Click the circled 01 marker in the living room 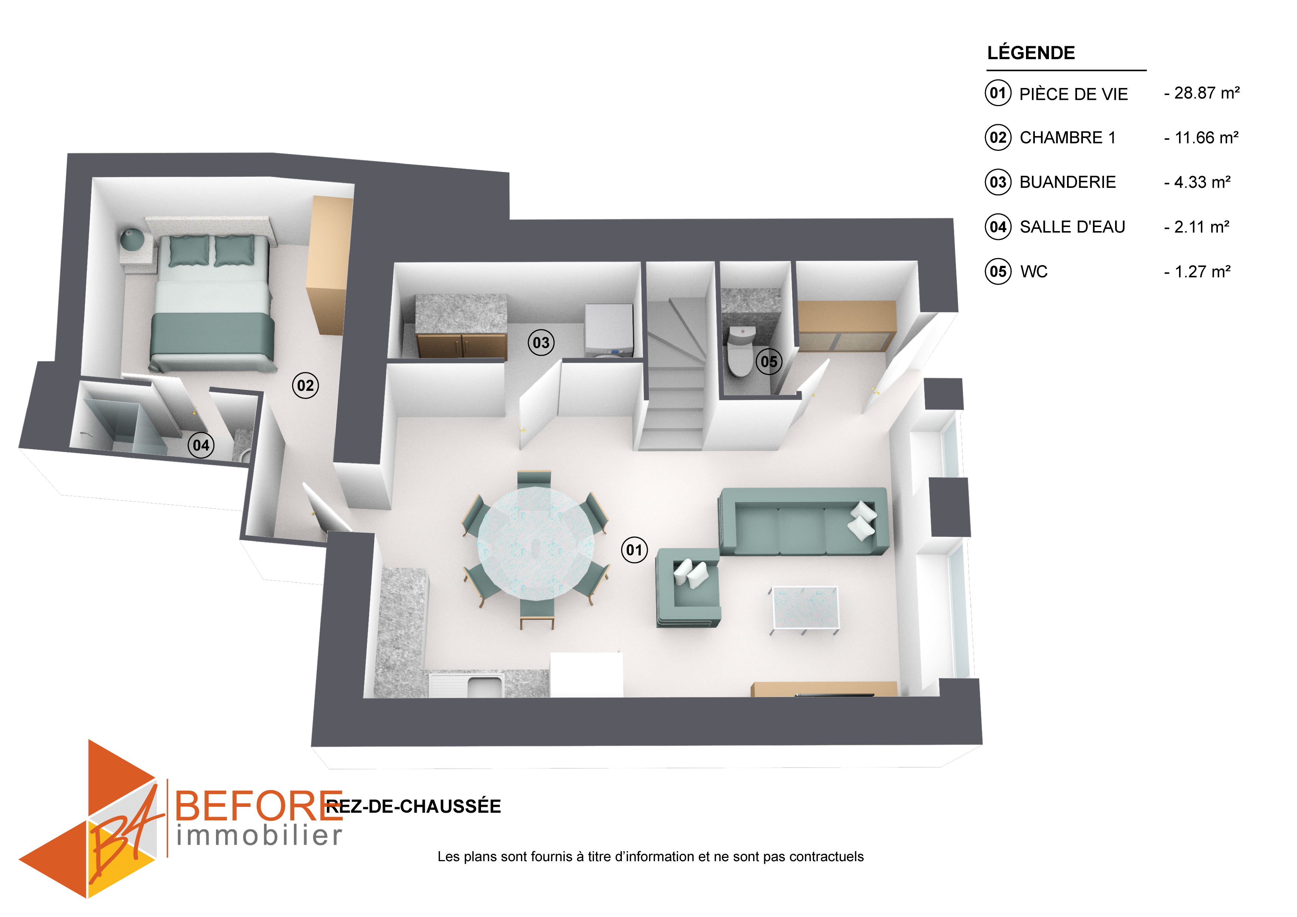[634, 550]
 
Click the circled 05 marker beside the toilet [769, 362]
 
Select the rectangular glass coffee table [805, 609]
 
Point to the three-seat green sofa [803, 521]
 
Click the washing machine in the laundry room [609, 331]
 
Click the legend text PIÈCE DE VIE [1073, 94]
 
